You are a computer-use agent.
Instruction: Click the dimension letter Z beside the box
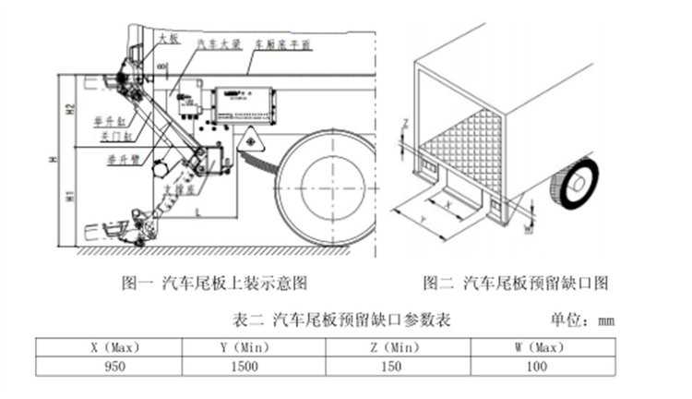402,122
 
